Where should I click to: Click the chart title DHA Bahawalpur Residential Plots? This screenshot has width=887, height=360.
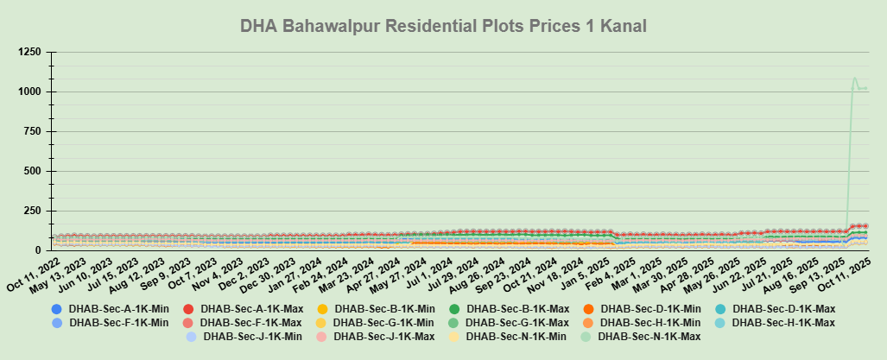(443, 27)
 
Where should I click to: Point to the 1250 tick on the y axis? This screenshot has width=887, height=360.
(29, 52)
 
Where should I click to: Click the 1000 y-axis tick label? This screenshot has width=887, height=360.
(29, 92)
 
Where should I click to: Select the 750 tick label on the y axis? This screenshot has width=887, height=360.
(33, 131)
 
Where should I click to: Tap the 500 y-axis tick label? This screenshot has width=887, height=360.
(33, 171)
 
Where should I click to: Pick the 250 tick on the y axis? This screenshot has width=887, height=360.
(33, 211)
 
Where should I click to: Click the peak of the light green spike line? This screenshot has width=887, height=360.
(855, 79)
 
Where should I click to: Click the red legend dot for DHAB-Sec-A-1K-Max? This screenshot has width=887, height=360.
(189, 309)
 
